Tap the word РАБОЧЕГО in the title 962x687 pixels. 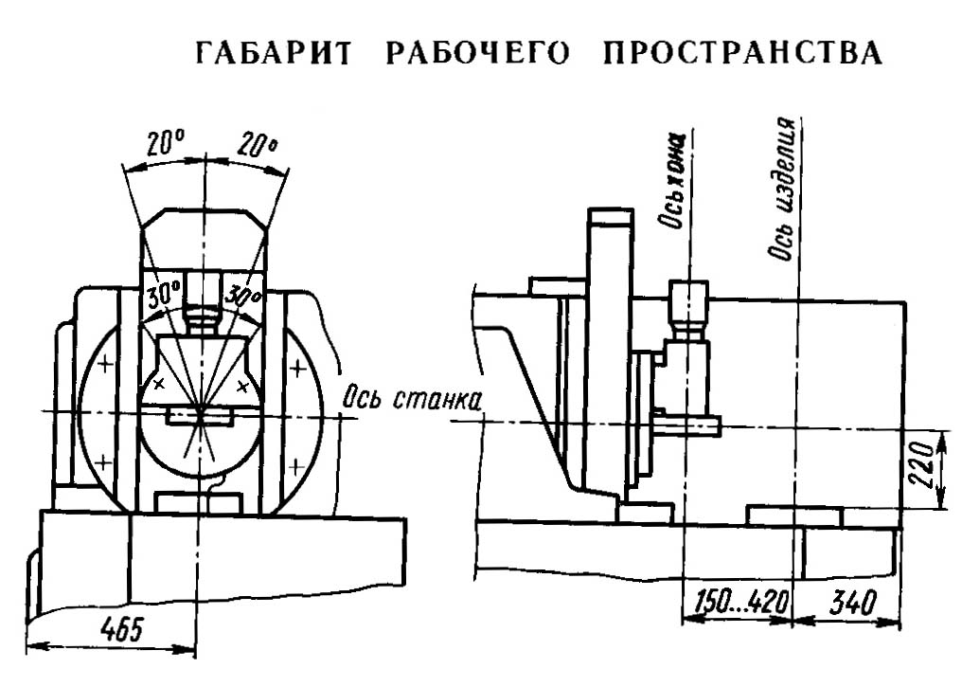[478, 54]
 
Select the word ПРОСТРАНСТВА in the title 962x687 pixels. [743, 54]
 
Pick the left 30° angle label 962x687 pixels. [162, 295]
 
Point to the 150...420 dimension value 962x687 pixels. [736, 603]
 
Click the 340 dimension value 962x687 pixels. [849, 603]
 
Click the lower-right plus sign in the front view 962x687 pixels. [297, 464]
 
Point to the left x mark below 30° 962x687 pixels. [158, 383]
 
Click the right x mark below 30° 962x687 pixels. [244, 383]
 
